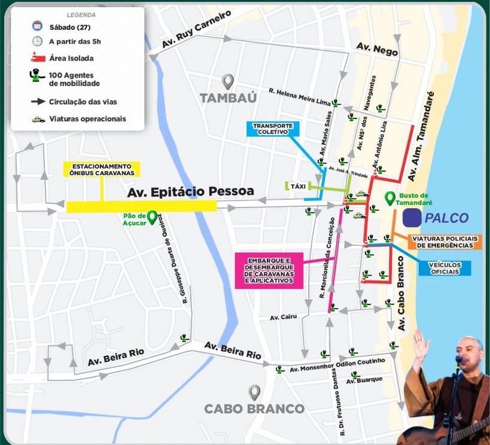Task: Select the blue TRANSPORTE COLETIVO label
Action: [272, 129]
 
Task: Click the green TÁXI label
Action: [297, 186]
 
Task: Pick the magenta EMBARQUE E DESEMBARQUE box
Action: [268, 271]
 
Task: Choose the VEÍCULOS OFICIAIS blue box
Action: [445, 268]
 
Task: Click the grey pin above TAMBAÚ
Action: [227, 81]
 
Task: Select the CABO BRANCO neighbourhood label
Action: [254, 409]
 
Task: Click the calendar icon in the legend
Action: [37, 26]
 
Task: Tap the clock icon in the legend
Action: [37, 41]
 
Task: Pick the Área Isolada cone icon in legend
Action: [37, 57]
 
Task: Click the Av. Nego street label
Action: [377, 49]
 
